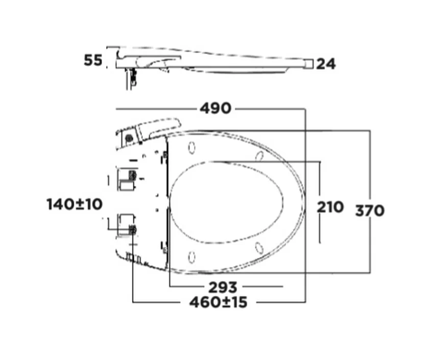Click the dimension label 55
pos(93,60)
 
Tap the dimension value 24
pos(326,64)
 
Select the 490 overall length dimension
pos(215,108)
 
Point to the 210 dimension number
pos(330,207)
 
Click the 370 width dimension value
pos(370,210)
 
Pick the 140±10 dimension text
pos(75,204)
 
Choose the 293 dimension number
pos(223,287)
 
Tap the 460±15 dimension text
pos(218,302)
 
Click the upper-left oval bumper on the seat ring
pos(191,148)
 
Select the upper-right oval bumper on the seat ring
pos(259,156)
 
